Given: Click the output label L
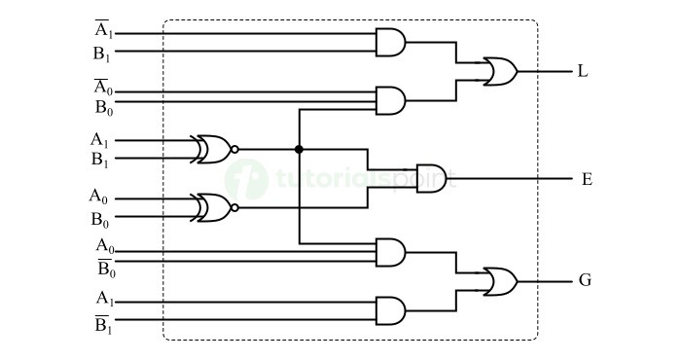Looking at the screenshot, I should click(x=582, y=71).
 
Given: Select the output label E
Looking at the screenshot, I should click(x=587, y=179).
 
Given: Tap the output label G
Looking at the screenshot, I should click(x=585, y=281).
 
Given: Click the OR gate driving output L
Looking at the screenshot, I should click(x=500, y=71).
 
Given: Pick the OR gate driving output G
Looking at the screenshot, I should click(x=500, y=281).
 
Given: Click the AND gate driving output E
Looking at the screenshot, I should click(x=430, y=178).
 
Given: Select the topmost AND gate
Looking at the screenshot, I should click(x=390, y=42).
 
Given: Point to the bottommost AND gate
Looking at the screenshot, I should click(x=390, y=310).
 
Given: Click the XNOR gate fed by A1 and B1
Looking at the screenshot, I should click(x=213, y=149).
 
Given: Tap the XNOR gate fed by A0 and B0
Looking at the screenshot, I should click(x=213, y=206).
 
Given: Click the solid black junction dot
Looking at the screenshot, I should click(x=299, y=149).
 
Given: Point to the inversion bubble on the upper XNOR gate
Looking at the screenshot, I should click(x=234, y=149).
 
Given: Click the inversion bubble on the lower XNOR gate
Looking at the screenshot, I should click(x=234, y=206).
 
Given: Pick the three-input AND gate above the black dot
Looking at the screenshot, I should click(x=390, y=99).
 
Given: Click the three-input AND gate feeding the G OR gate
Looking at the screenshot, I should click(x=390, y=252).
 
